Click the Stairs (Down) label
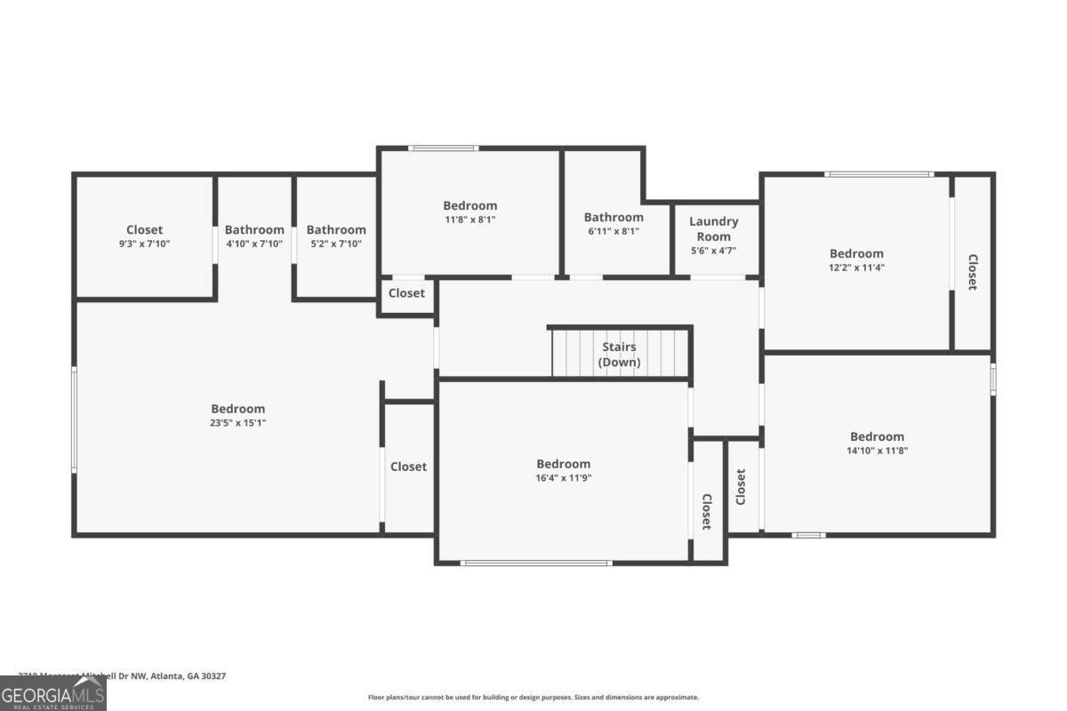click(x=619, y=355)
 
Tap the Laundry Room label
click(x=714, y=228)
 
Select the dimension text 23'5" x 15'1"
click(x=238, y=423)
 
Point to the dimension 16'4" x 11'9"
click(x=564, y=477)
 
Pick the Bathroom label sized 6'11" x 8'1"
click(x=614, y=218)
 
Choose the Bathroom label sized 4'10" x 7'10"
click(x=254, y=230)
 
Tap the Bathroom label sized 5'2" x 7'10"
click(x=336, y=230)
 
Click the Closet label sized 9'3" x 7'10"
click(x=144, y=230)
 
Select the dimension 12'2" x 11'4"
click(x=856, y=267)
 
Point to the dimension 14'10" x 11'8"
click(x=877, y=450)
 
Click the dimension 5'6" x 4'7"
click(x=714, y=251)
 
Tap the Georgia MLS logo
click(x=53, y=693)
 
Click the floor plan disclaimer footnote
click(x=533, y=698)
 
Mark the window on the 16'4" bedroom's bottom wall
click(x=536, y=563)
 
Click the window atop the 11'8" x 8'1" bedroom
click(x=443, y=148)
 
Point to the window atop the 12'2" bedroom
click(x=878, y=174)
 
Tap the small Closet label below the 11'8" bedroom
click(x=406, y=293)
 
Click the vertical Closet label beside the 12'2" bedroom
click(x=972, y=272)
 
